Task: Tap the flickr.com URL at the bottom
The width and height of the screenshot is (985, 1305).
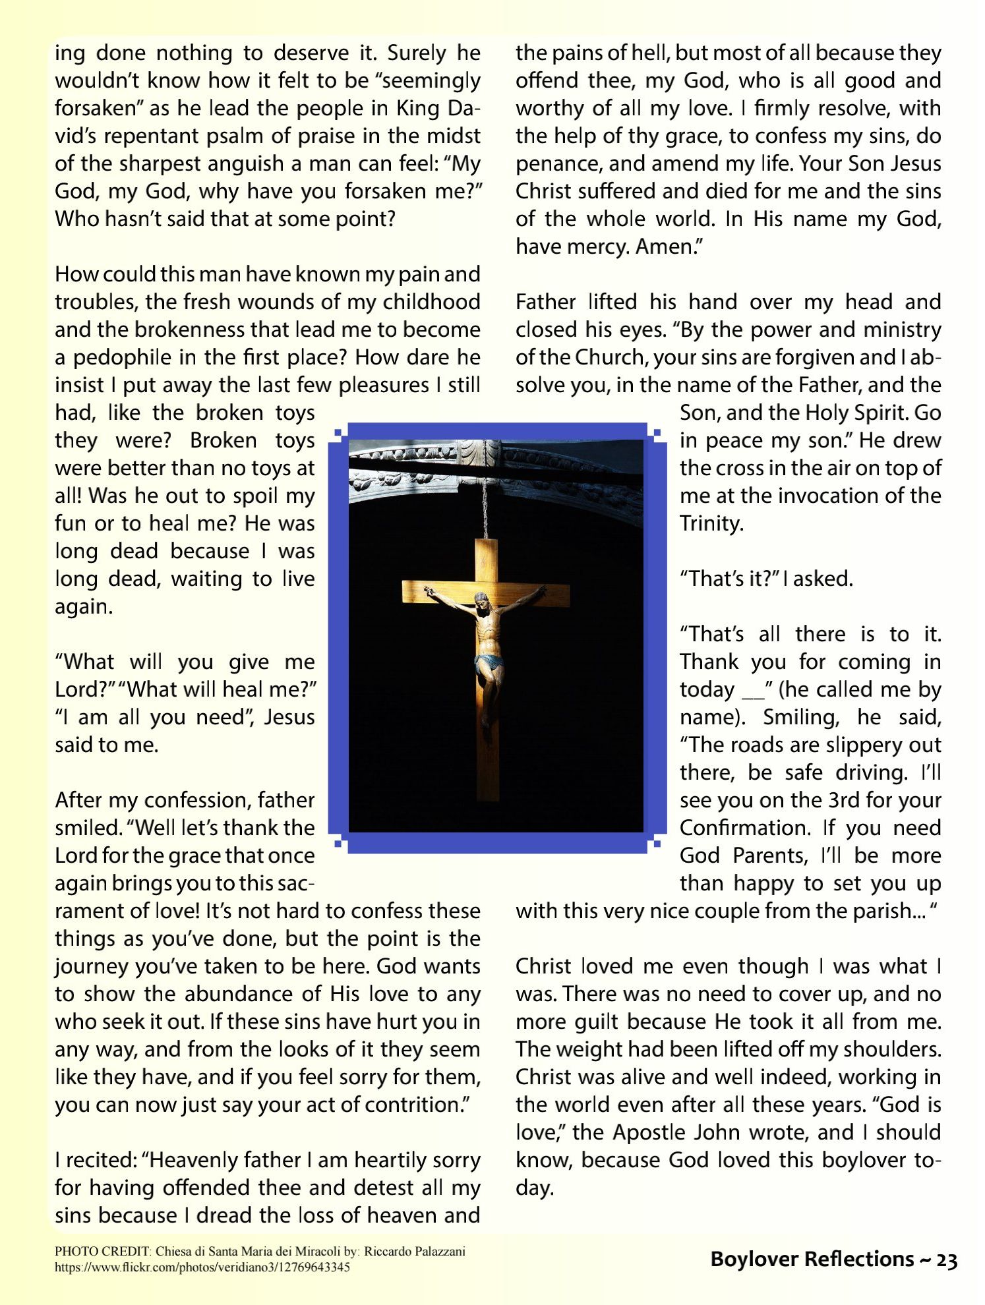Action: [202, 1267]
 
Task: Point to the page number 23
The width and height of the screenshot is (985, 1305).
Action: [946, 1260]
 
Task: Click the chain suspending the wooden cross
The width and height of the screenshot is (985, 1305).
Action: [486, 507]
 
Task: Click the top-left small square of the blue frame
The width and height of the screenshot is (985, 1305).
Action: [338, 432]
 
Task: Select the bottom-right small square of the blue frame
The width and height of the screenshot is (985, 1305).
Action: [657, 844]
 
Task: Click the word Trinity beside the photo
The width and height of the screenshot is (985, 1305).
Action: [711, 523]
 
